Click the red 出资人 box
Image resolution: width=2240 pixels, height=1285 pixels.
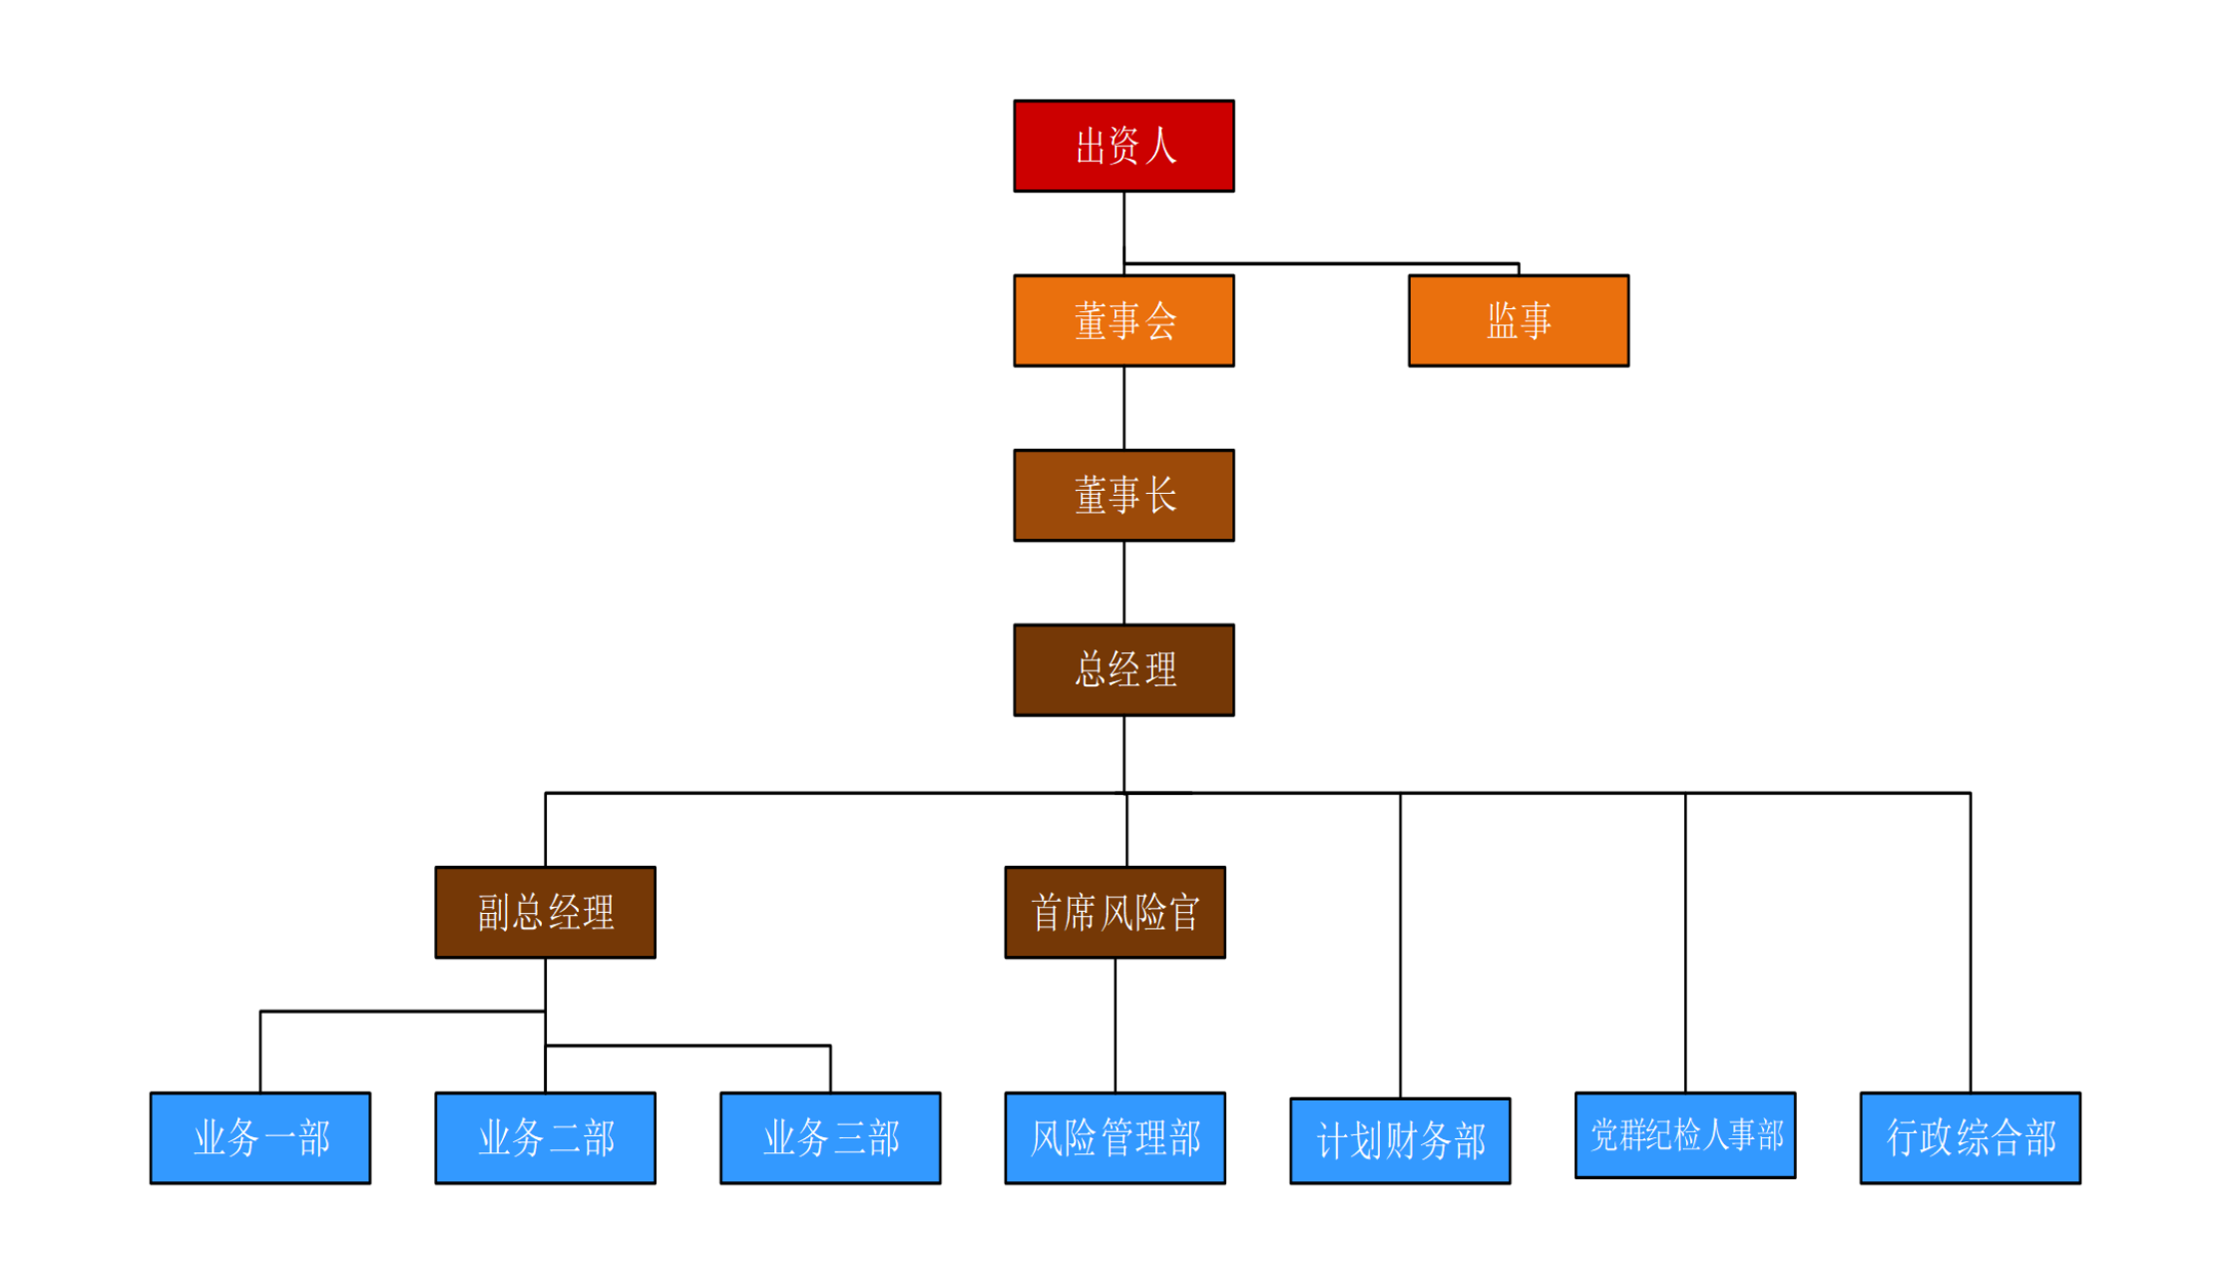(x=1123, y=146)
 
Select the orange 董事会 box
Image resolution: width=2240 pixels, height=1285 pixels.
(x=1123, y=320)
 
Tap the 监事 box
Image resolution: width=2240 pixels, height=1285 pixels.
(x=1518, y=320)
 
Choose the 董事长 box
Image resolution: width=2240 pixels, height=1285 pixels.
(x=1123, y=495)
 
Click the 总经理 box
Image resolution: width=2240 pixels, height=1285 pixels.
(x=1123, y=669)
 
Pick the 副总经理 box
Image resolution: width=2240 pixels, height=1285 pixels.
(x=545, y=912)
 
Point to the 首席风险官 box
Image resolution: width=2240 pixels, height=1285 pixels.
(x=1115, y=912)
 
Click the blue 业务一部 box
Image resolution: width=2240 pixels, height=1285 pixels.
(x=260, y=1137)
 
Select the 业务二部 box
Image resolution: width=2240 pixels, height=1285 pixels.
(x=545, y=1137)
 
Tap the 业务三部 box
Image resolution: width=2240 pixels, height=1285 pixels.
(x=830, y=1137)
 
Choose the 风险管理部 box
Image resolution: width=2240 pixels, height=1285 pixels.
(x=1115, y=1137)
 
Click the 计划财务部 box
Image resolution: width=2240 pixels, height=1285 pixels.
(x=1400, y=1140)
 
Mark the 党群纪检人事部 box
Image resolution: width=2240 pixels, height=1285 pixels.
(x=1684, y=1134)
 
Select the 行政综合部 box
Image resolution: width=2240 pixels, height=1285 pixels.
(x=1970, y=1137)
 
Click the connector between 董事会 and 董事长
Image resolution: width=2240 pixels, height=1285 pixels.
(x=1124, y=408)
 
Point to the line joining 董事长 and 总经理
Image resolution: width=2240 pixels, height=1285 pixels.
(x=1124, y=583)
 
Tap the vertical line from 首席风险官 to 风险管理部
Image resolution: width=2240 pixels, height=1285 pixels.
(x=1116, y=1025)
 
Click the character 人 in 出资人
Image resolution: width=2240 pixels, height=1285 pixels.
(x=1160, y=147)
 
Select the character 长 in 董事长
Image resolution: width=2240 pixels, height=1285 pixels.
(x=1160, y=496)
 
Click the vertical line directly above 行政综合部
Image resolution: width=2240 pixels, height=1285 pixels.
(x=1971, y=943)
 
